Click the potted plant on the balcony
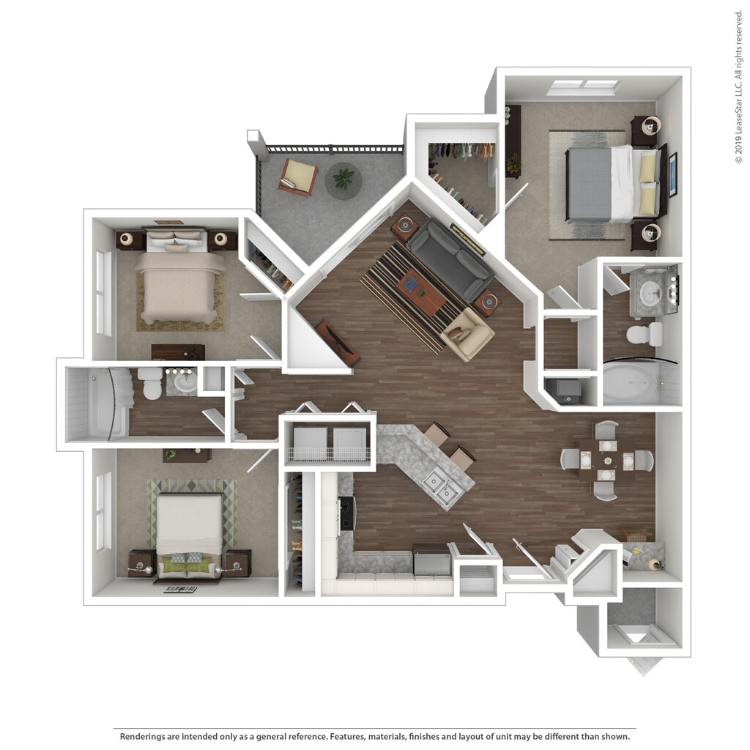point(344,178)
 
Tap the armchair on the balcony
point(298,176)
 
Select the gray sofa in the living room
point(448,259)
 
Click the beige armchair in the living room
point(467,334)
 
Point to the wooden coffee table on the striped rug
point(421,292)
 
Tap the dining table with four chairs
point(607,460)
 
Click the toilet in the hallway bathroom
point(151,382)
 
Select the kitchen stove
point(346,513)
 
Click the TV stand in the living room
point(338,342)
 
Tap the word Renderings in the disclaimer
point(146,736)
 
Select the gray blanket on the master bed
point(589,185)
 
